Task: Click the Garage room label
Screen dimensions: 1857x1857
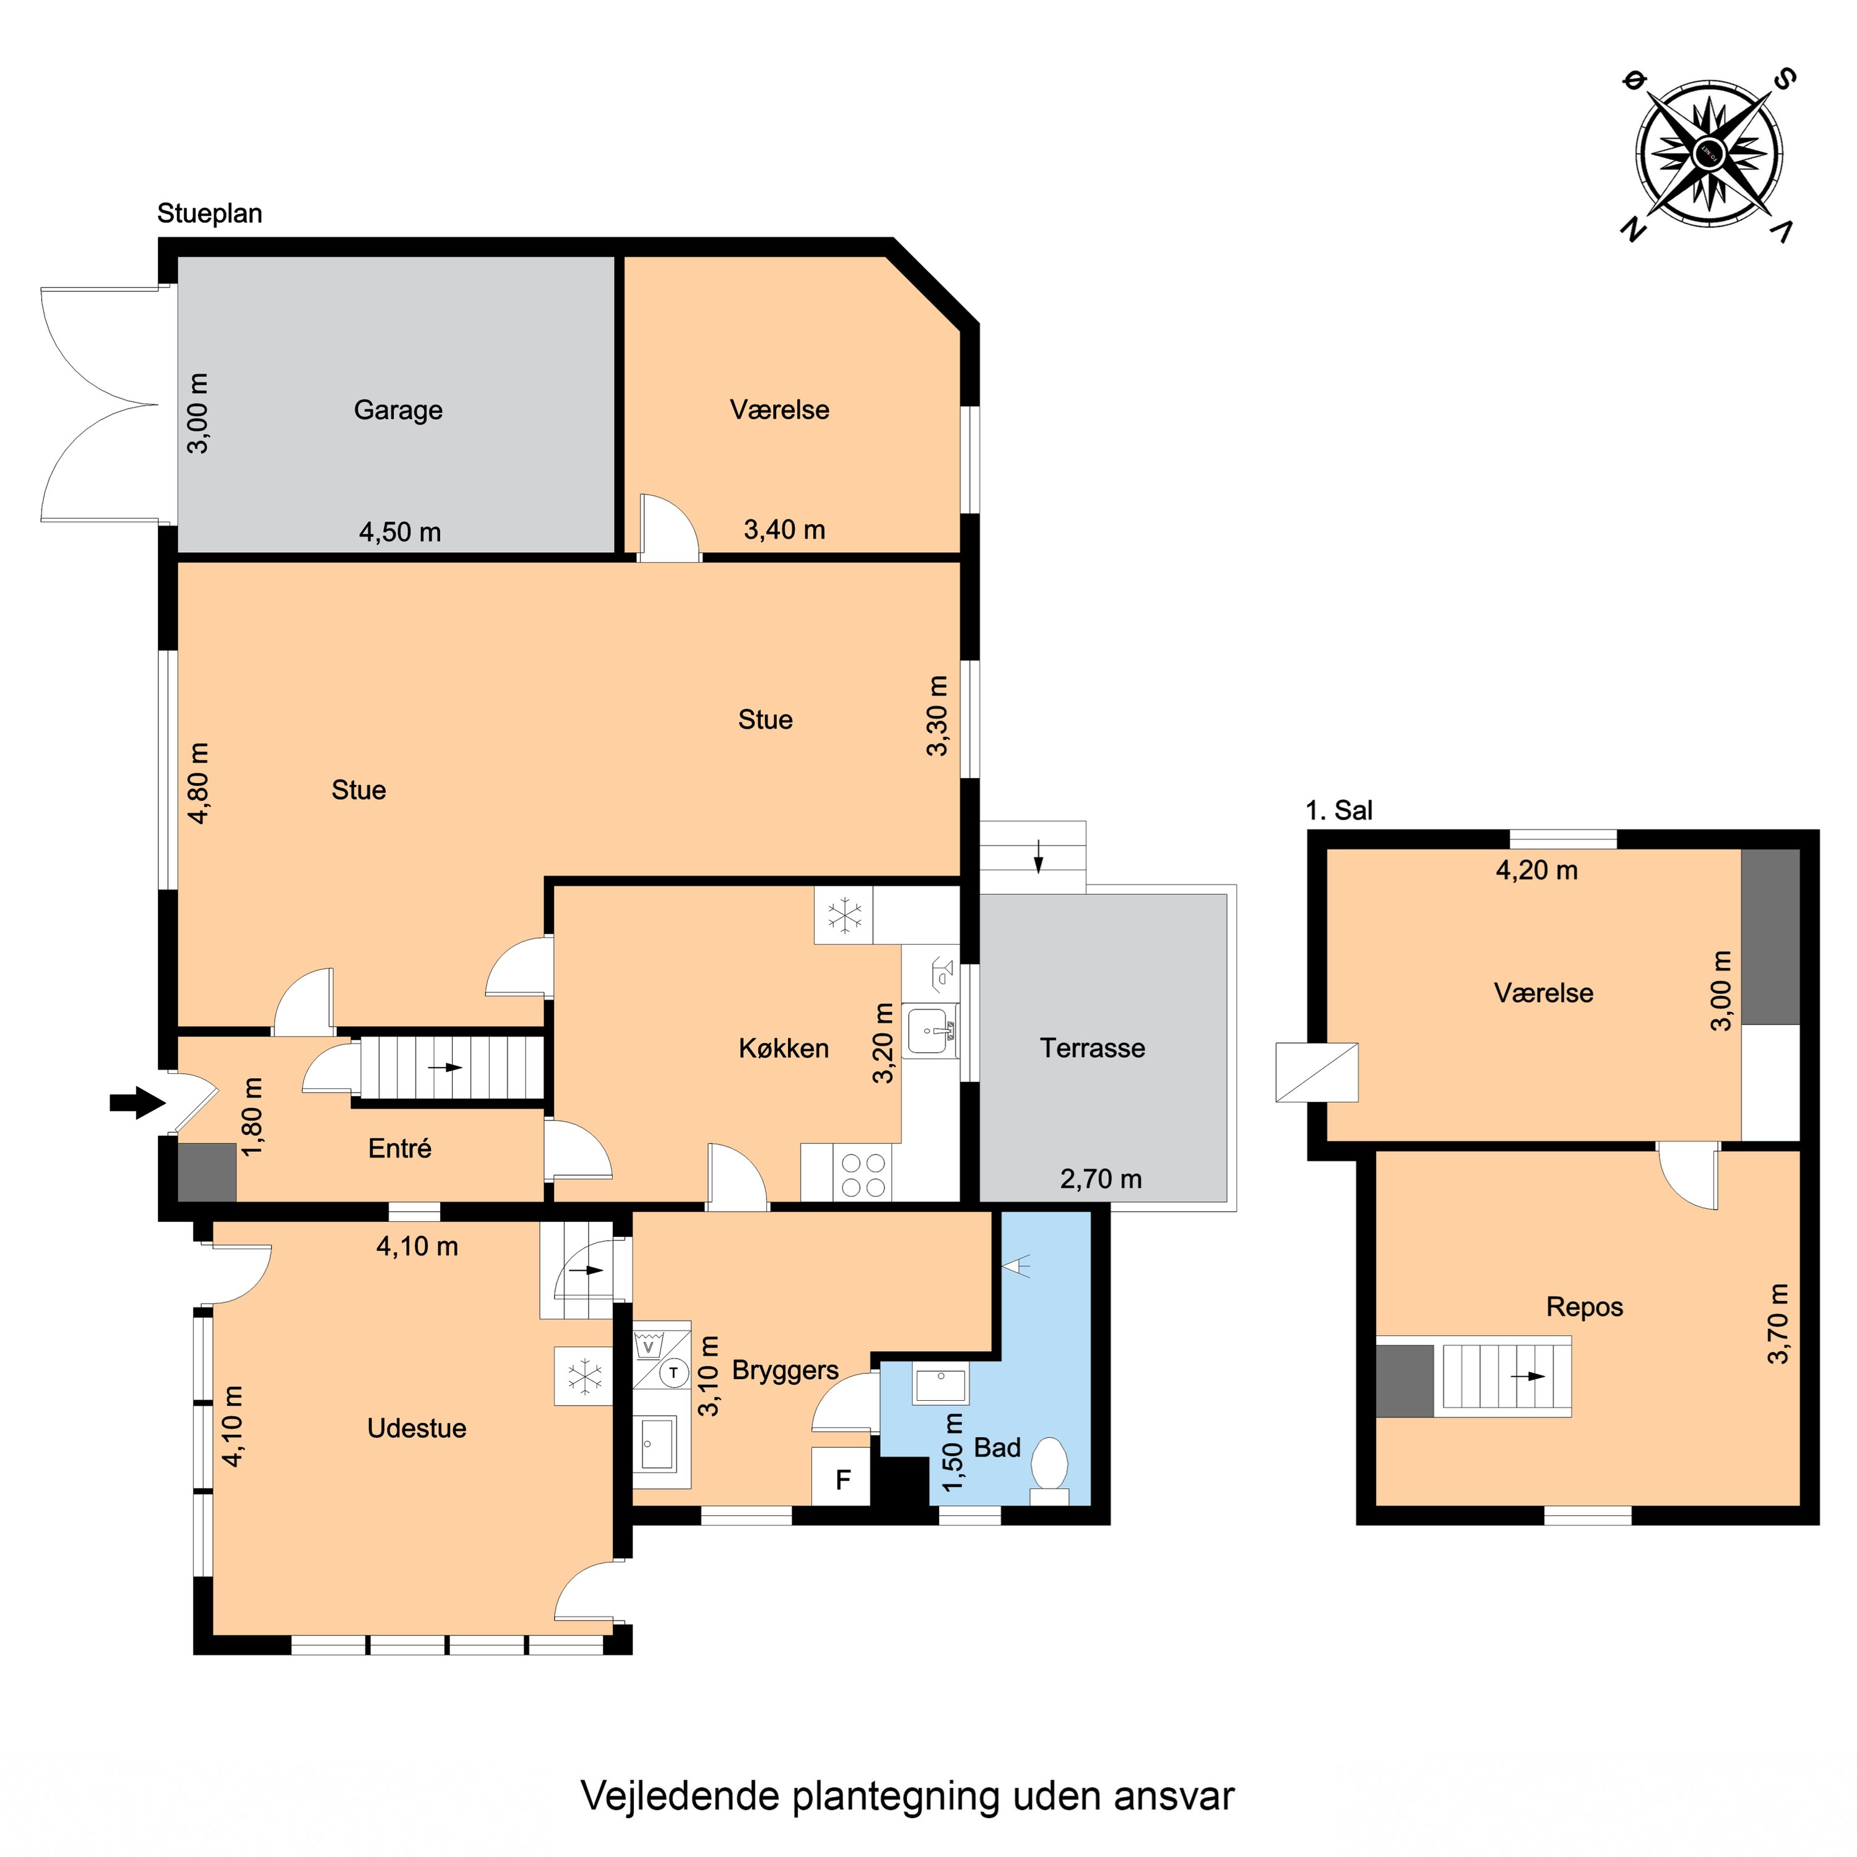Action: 398,410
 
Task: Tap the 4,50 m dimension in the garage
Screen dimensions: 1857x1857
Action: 400,532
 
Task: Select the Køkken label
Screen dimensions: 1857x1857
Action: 784,1048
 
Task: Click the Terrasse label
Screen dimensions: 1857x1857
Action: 1092,1048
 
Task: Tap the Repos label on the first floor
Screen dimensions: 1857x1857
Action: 1584,1307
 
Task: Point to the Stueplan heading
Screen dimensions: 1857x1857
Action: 210,214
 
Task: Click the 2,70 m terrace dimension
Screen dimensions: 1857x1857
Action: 1101,1179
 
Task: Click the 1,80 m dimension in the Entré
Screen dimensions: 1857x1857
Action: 252,1117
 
